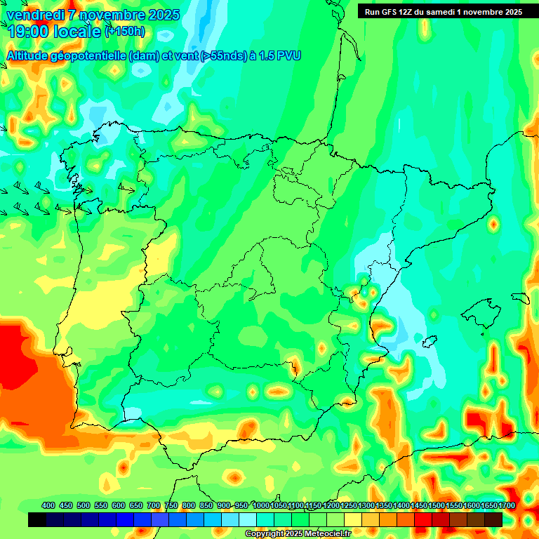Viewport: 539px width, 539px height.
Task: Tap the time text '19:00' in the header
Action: click(x=27, y=31)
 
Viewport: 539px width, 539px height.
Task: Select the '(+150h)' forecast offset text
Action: click(x=125, y=31)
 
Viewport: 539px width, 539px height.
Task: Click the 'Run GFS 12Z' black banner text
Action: click(x=389, y=12)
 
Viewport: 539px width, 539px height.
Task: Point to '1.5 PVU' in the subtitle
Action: click(x=280, y=55)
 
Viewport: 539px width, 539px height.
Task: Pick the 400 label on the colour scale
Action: click(x=48, y=505)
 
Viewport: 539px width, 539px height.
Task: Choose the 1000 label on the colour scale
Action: click(x=260, y=505)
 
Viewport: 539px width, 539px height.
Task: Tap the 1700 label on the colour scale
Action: click(x=507, y=505)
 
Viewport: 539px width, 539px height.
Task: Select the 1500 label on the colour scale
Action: click(x=437, y=505)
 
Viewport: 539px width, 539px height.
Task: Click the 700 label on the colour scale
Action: click(x=154, y=505)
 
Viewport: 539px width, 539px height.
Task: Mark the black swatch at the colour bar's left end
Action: click(x=37, y=519)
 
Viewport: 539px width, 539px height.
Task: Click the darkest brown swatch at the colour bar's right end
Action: click(x=493, y=519)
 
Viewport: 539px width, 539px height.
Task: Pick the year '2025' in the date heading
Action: click(x=164, y=15)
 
